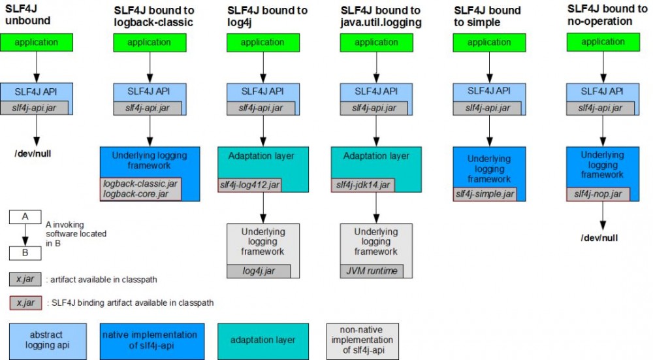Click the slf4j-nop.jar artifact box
tap(597, 194)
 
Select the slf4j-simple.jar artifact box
tap(484, 194)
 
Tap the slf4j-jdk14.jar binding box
tap(363, 186)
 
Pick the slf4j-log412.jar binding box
tap(251, 186)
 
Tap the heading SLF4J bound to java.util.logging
tap(381, 16)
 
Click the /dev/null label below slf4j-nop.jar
tap(599, 238)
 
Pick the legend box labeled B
tap(25, 253)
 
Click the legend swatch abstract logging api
tap(46, 340)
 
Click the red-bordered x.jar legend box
tap(25, 303)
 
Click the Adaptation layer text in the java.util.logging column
tap(376, 156)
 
